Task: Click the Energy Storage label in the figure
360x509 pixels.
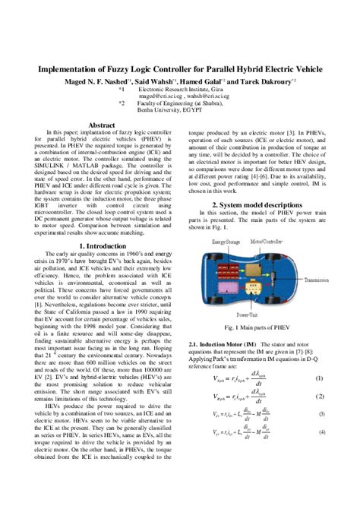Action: click(x=226, y=241)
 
